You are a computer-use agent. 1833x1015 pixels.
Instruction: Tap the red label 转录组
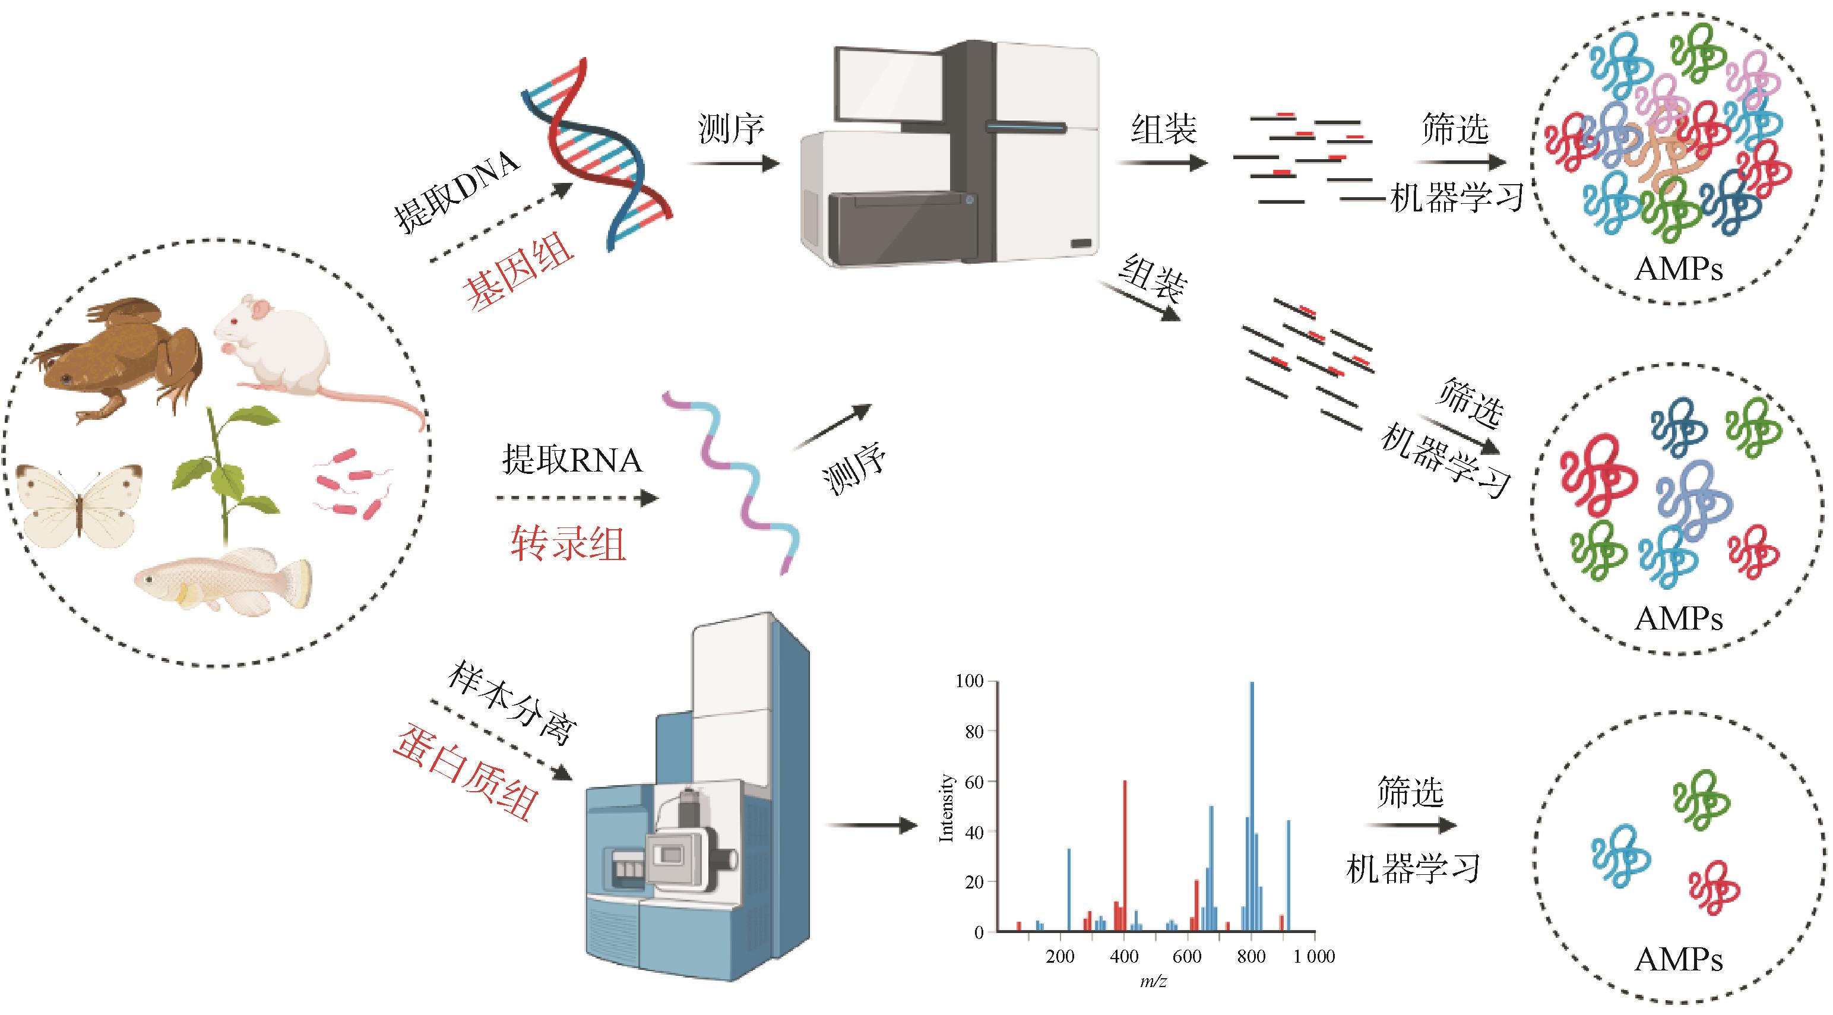click(568, 545)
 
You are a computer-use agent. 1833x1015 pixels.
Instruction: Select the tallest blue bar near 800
click(1252, 804)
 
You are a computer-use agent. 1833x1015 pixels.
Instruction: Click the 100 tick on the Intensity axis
click(969, 681)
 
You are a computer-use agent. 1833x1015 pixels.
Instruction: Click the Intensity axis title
click(946, 808)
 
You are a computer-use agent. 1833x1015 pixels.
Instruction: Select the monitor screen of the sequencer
click(889, 89)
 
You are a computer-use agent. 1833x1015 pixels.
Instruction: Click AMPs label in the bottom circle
click(1679, 960)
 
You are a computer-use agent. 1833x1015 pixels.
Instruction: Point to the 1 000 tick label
click(1313, 956)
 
